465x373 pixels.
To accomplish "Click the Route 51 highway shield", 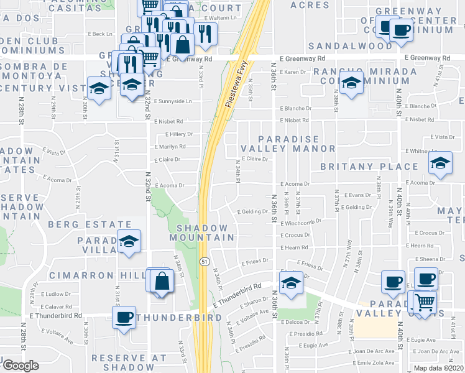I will coord(203,262).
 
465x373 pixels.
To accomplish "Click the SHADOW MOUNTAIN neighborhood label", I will coord(205,232).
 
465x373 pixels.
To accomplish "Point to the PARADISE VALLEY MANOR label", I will coord(288,144).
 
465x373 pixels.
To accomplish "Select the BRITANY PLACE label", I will coord(369,167).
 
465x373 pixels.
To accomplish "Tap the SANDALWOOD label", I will coord(351,46).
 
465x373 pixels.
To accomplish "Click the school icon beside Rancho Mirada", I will coord(351,86).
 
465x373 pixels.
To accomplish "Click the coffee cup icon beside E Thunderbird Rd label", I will coord(124,318).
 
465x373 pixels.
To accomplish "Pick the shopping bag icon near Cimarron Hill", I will coord(162,281).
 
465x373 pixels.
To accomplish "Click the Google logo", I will coord(20,366).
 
